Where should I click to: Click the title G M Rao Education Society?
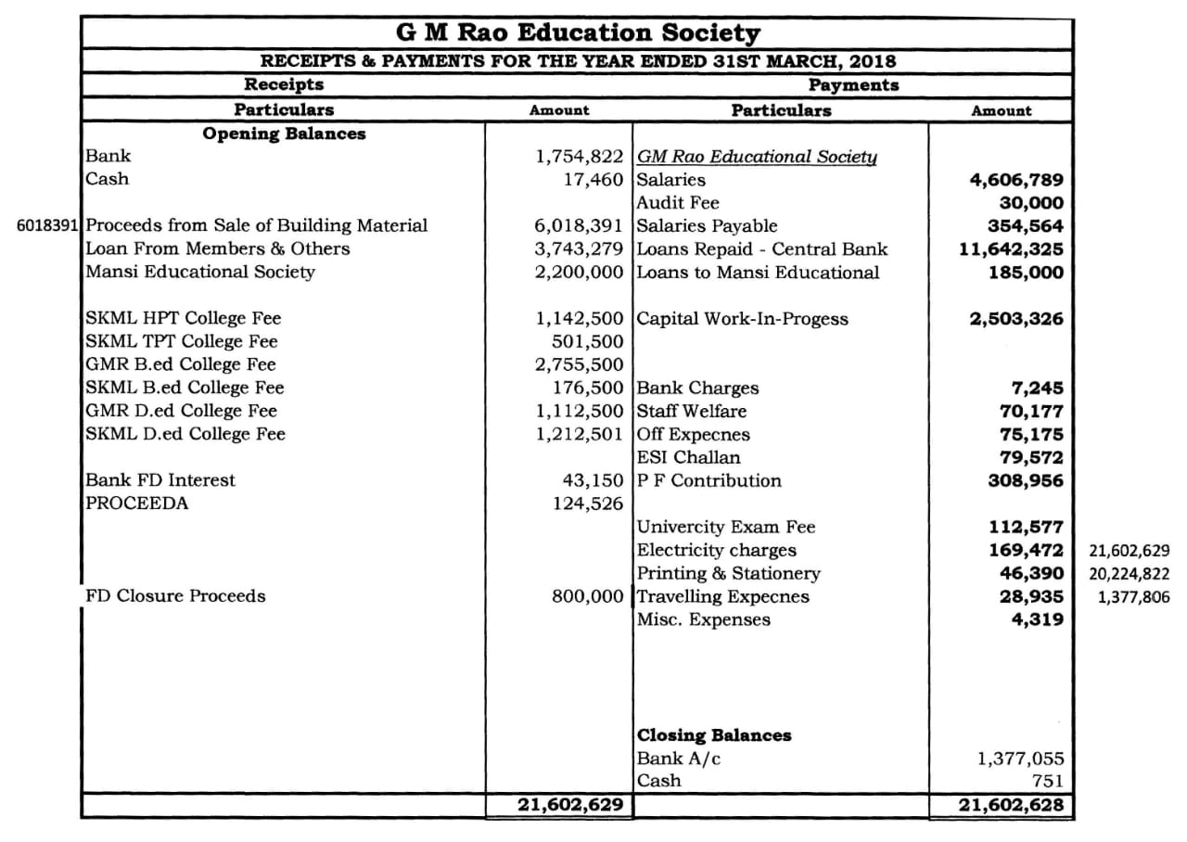pyautogui.click(x=578, y=33)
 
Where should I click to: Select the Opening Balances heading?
pyautogui.click(x=284, y=134)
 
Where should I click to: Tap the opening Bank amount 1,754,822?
pyautogui.click(x=580, y=157)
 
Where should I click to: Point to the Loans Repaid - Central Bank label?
pyautogui.click(x=762, y=249)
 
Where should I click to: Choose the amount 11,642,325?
pyautogui.click(x=1011, y=249)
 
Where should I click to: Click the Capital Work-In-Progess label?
pyautogui.click(x=742, y=319)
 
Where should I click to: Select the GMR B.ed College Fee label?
pyautogui.click(x=181, y=364)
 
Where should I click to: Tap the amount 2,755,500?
pyautogui.click(x=580, y=364)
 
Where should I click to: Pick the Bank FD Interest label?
pyautogui.click(x=160, y=480)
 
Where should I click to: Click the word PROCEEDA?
pyautogui.click(x=136, y=504)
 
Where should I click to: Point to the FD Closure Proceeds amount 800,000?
pyautogui.click(x=588, y=596)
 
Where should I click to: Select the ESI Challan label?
pyautogui.click(x=688, y=457)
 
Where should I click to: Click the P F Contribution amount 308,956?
pyautogui.click(x=1025, y=480)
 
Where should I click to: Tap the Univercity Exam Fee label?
pyautogui.click(x=726, y=527)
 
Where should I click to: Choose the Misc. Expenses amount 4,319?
pyautogui.click(x=1037, y=619)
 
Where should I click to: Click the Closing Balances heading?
pyautogui.click(x=714, y=735)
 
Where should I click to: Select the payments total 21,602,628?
pyautogui.click(x=1011, y=805)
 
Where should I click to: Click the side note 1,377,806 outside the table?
pyautogui.click(x=1133, y=596)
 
